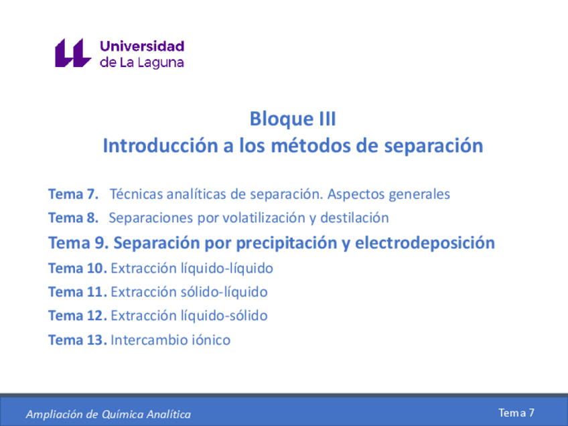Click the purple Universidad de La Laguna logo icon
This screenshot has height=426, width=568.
(72, 53)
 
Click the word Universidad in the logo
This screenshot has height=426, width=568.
(141, 46)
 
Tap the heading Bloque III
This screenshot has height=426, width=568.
(292, 119)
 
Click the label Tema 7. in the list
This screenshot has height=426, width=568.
(74, 194)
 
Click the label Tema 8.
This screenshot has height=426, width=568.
(74, 218)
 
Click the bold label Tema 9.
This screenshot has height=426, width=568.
(78, 242)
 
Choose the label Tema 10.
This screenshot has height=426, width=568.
(77, 268)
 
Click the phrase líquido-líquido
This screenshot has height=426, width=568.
(227, 268)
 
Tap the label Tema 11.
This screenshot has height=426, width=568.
(77, 292)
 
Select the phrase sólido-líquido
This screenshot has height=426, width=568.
(224, 292)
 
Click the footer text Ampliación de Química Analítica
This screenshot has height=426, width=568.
(108, 415)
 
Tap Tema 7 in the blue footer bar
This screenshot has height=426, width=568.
(516, 413)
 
